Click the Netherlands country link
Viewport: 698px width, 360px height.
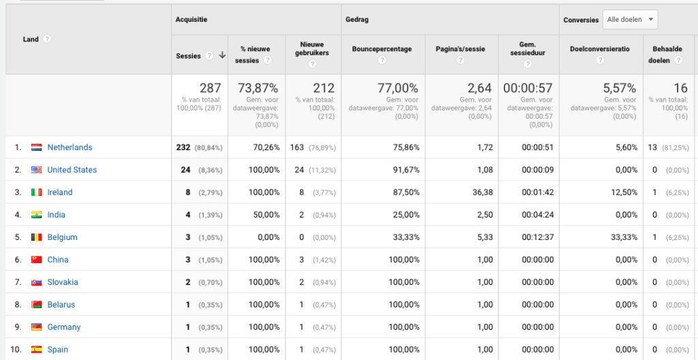70,147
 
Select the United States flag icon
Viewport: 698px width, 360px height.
37,170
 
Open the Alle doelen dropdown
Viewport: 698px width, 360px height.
630,20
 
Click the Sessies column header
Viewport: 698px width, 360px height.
189,56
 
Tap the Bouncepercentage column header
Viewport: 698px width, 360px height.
382,49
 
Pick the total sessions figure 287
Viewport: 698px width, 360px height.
210,88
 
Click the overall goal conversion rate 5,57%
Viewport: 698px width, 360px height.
620,88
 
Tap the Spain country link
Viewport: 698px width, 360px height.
58,350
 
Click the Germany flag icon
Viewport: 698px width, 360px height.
37,327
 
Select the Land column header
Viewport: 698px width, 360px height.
31,39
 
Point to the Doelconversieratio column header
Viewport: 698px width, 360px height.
600,49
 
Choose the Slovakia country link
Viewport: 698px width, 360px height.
63,282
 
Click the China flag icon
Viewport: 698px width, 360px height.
37,260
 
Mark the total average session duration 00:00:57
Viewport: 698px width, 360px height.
528,88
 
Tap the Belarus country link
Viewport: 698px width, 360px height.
61,305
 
